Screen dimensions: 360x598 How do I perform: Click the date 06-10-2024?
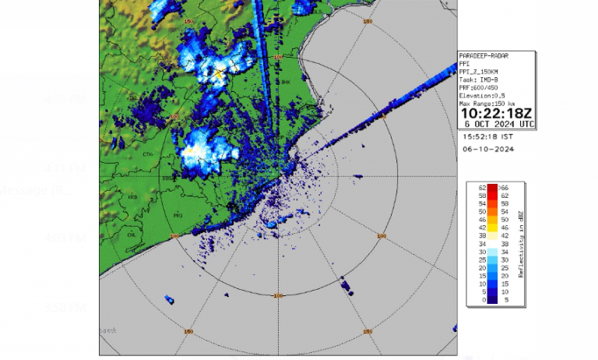point(487,148)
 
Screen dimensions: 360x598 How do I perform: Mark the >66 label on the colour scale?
point(503,189)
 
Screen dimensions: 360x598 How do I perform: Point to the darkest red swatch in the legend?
point(492,189)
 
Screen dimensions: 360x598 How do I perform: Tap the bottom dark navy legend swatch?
point(492,299)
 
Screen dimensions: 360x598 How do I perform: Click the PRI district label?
point(178,214)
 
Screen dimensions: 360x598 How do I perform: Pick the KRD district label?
point(133,197)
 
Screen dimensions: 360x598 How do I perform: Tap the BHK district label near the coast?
point(285,81)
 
